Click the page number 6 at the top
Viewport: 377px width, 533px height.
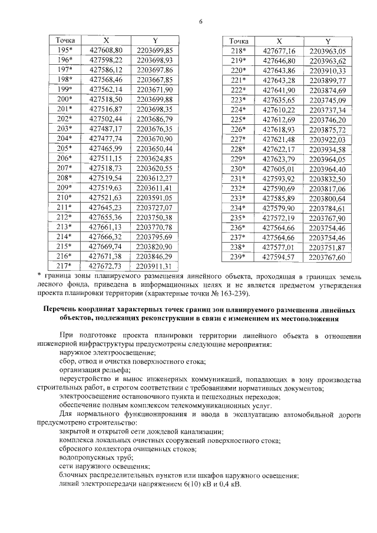pyautogui.click(x=200, y=21)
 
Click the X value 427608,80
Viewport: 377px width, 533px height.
pyautogui.click(x=106, y=50)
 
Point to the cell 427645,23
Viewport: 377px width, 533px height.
pyautogui.click(x=106, y=207)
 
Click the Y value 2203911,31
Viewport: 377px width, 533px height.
pyautogui.click(x=154, y=266)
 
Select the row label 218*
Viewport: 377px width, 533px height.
pyautogui.click(x=237, y=51)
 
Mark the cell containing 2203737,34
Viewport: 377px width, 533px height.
pyautogui.click(x=327, y=110)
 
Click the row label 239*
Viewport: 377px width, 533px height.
pyautogui.click(x=237, y=257)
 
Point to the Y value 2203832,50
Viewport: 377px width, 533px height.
pyautogui.click(x=327, y=178)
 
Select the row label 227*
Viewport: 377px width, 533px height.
pyautogui.click(x=237, y=139)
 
